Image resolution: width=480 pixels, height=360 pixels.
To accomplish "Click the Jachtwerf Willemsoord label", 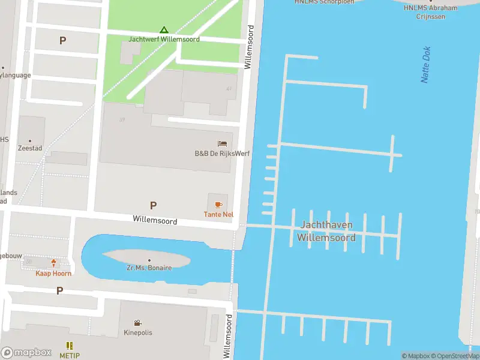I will (164, 39).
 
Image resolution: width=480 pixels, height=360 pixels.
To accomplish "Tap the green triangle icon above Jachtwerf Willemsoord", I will (164, 29).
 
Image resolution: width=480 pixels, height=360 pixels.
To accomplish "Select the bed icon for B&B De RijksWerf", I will (222, 144).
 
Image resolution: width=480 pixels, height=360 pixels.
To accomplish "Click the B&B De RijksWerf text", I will (222, 154).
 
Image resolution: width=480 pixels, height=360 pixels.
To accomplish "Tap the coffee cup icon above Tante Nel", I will (218, 205).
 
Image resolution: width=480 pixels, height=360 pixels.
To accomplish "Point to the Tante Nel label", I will (218, 214).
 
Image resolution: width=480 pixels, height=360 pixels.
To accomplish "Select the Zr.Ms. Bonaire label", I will (150, 268).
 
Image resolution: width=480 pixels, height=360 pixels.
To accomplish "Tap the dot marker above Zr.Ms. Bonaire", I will (149, 260).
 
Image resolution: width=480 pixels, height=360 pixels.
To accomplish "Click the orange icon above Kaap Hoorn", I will (54, 263).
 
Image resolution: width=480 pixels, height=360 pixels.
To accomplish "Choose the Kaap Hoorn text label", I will (53, 274).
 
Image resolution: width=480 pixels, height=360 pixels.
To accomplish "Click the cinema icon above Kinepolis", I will (138, 323).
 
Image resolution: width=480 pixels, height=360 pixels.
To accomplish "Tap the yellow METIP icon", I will (69, 346).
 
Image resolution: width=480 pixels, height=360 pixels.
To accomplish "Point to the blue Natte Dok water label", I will (426, 65).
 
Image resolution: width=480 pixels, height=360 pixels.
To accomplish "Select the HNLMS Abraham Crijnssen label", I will (430, 12).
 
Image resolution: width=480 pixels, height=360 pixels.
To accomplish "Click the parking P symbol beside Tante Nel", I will (153, 205).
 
